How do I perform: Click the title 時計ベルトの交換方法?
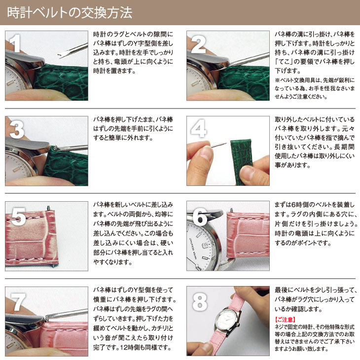(x=70, y=12)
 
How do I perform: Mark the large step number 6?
(x=199, y=216)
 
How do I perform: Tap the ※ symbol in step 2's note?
(x=277, y=79)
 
